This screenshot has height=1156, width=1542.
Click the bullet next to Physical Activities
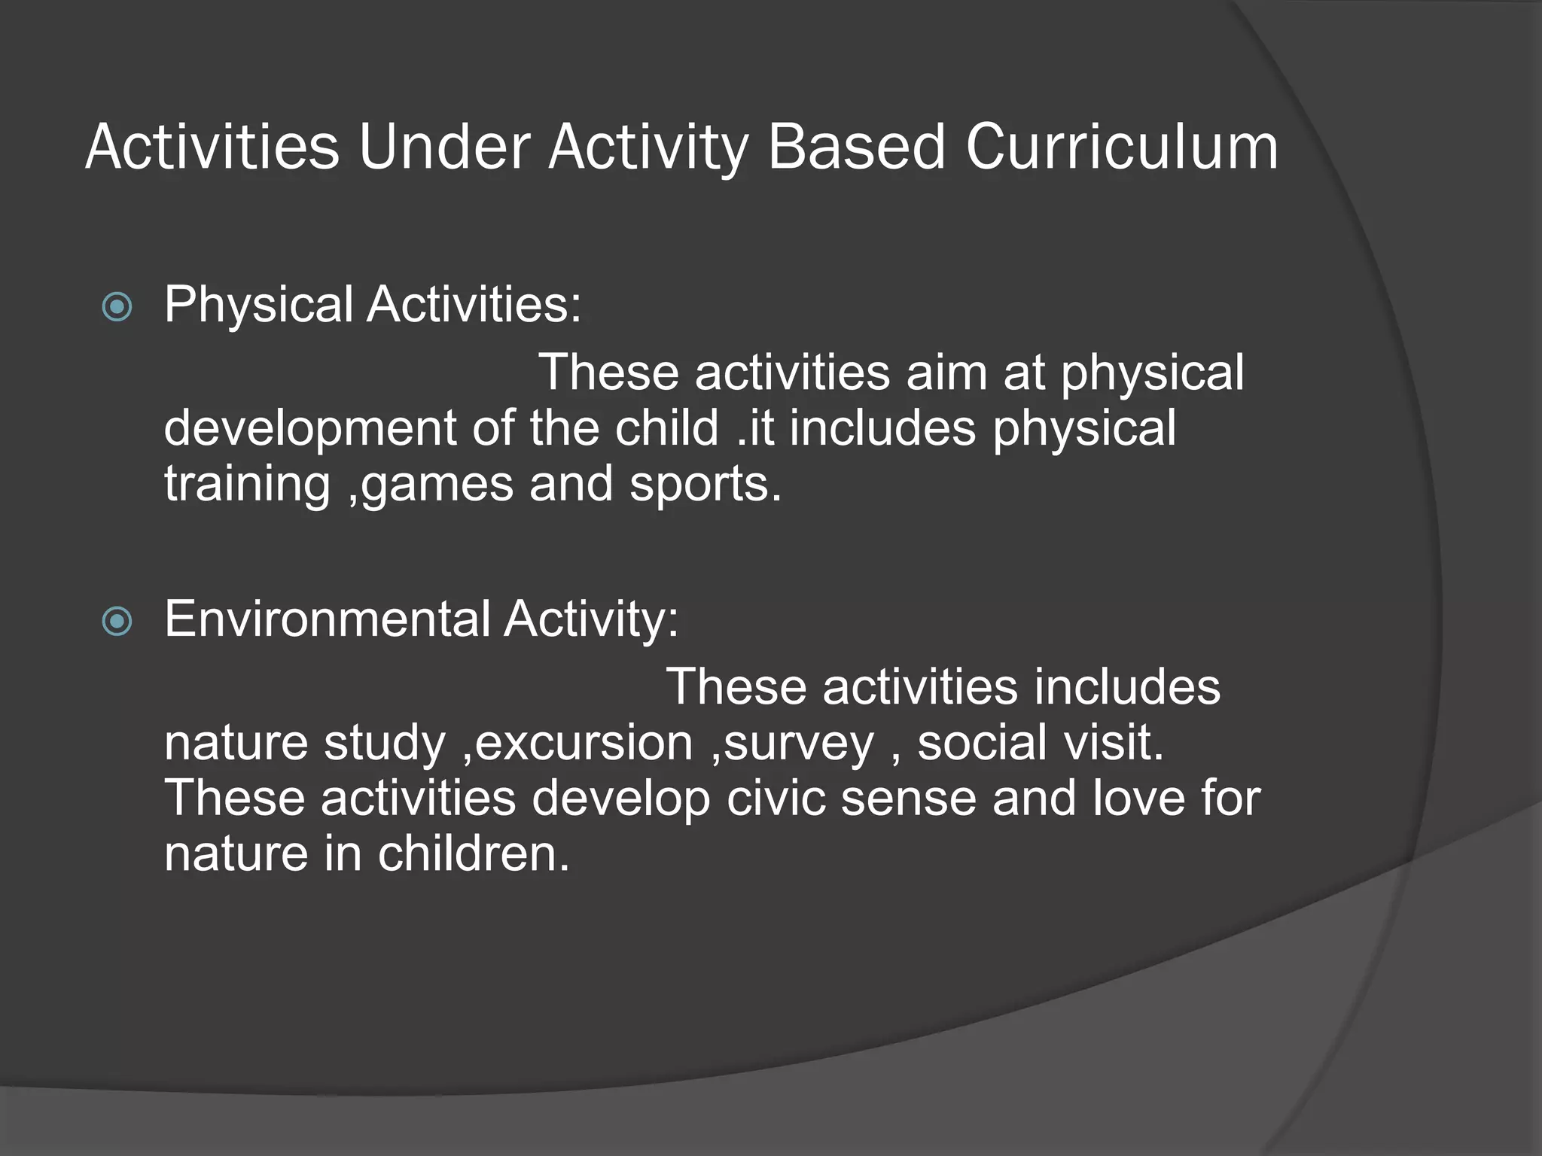click(x=117, y=307)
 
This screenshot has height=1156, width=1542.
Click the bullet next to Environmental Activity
click(x=117, y=622)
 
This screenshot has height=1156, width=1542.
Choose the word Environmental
click(x=328, y=619)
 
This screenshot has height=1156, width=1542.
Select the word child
click(x=666, y=427)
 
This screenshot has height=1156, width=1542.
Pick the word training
click(x=247, y=484)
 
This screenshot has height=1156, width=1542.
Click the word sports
click(x=704, y=484)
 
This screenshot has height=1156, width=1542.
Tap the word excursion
click(x=584, y=743)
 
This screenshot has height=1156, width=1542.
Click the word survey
click(x=798, y=743)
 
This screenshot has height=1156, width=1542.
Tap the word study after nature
click(x=385, y=743)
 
